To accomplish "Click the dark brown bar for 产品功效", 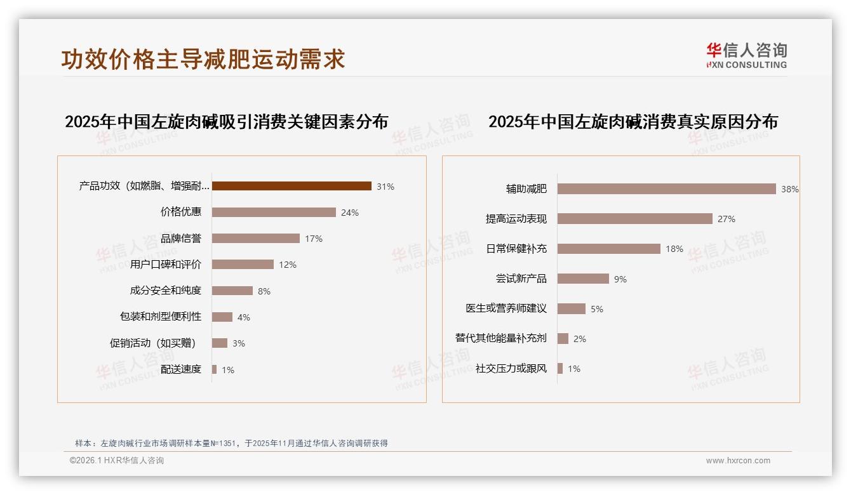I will click(x=291, y=186).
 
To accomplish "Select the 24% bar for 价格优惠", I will click(x=274, y=212).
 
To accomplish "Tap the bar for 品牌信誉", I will click(x=255, y=239).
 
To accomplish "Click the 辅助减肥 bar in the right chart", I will click(x=666, y=188).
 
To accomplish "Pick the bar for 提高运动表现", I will click(x=634, y=218).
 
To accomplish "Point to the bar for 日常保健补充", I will click(x=608, y=249).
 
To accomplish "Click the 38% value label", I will click(x=789, y=189).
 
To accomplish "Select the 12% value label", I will click(x=288, y=265).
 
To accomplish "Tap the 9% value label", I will click(x=620, y=279).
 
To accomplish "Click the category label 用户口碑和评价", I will click(x=165, y=265).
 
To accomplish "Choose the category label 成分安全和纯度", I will click(x=165, y=291).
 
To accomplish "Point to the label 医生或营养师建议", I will click(x=506, y=308).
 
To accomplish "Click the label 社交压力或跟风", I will click(x=511, y=368).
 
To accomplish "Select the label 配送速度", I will click(x=180, y=369).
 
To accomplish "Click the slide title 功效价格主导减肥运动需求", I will click(x=203, y=59).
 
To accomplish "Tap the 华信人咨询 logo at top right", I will click(x=746, y=55).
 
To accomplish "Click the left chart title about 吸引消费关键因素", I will click(x=226, y=121).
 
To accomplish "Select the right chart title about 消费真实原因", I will click(x=633, y=121).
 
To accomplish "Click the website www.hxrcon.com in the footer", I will click(x=738, y=461).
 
